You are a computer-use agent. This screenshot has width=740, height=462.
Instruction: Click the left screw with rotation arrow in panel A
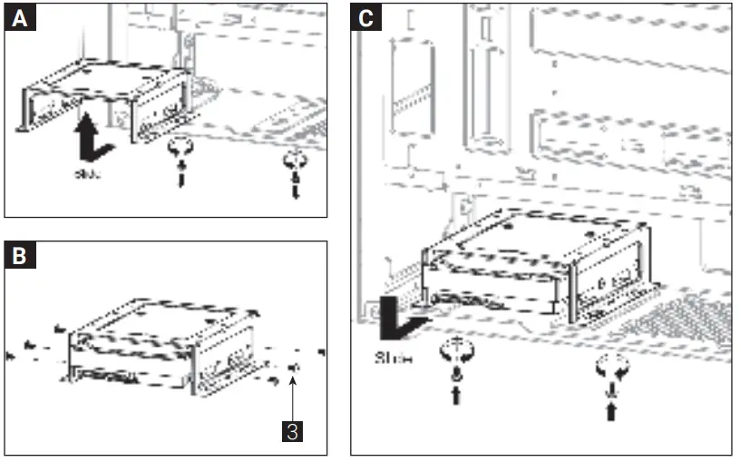180,159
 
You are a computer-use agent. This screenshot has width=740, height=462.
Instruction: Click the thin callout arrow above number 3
292,395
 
